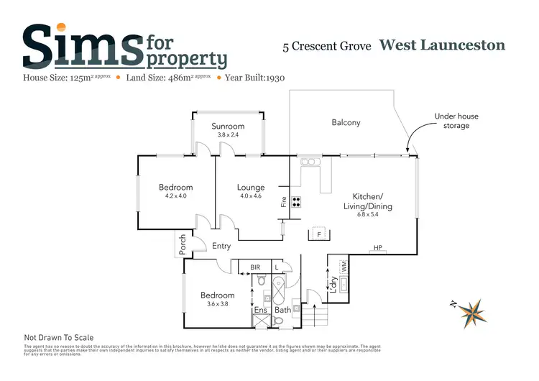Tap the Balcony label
pos(346,122)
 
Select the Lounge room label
pos(251,188)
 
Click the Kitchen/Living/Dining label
pos(372,201)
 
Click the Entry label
pos(221,247)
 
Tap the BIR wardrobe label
pos(255,267)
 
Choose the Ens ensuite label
pos(262,311)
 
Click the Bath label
pos(282,311)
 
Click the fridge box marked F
pos(318,234)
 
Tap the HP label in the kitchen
pos(377,249)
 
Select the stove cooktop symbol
pos(295,201)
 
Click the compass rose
pos(472,311)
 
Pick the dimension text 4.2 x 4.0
pos(175,196)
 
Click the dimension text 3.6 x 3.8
pos(217,304)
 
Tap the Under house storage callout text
pos(456,121)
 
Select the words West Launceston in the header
pos(442,45)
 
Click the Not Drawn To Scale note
pos(59,337)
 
